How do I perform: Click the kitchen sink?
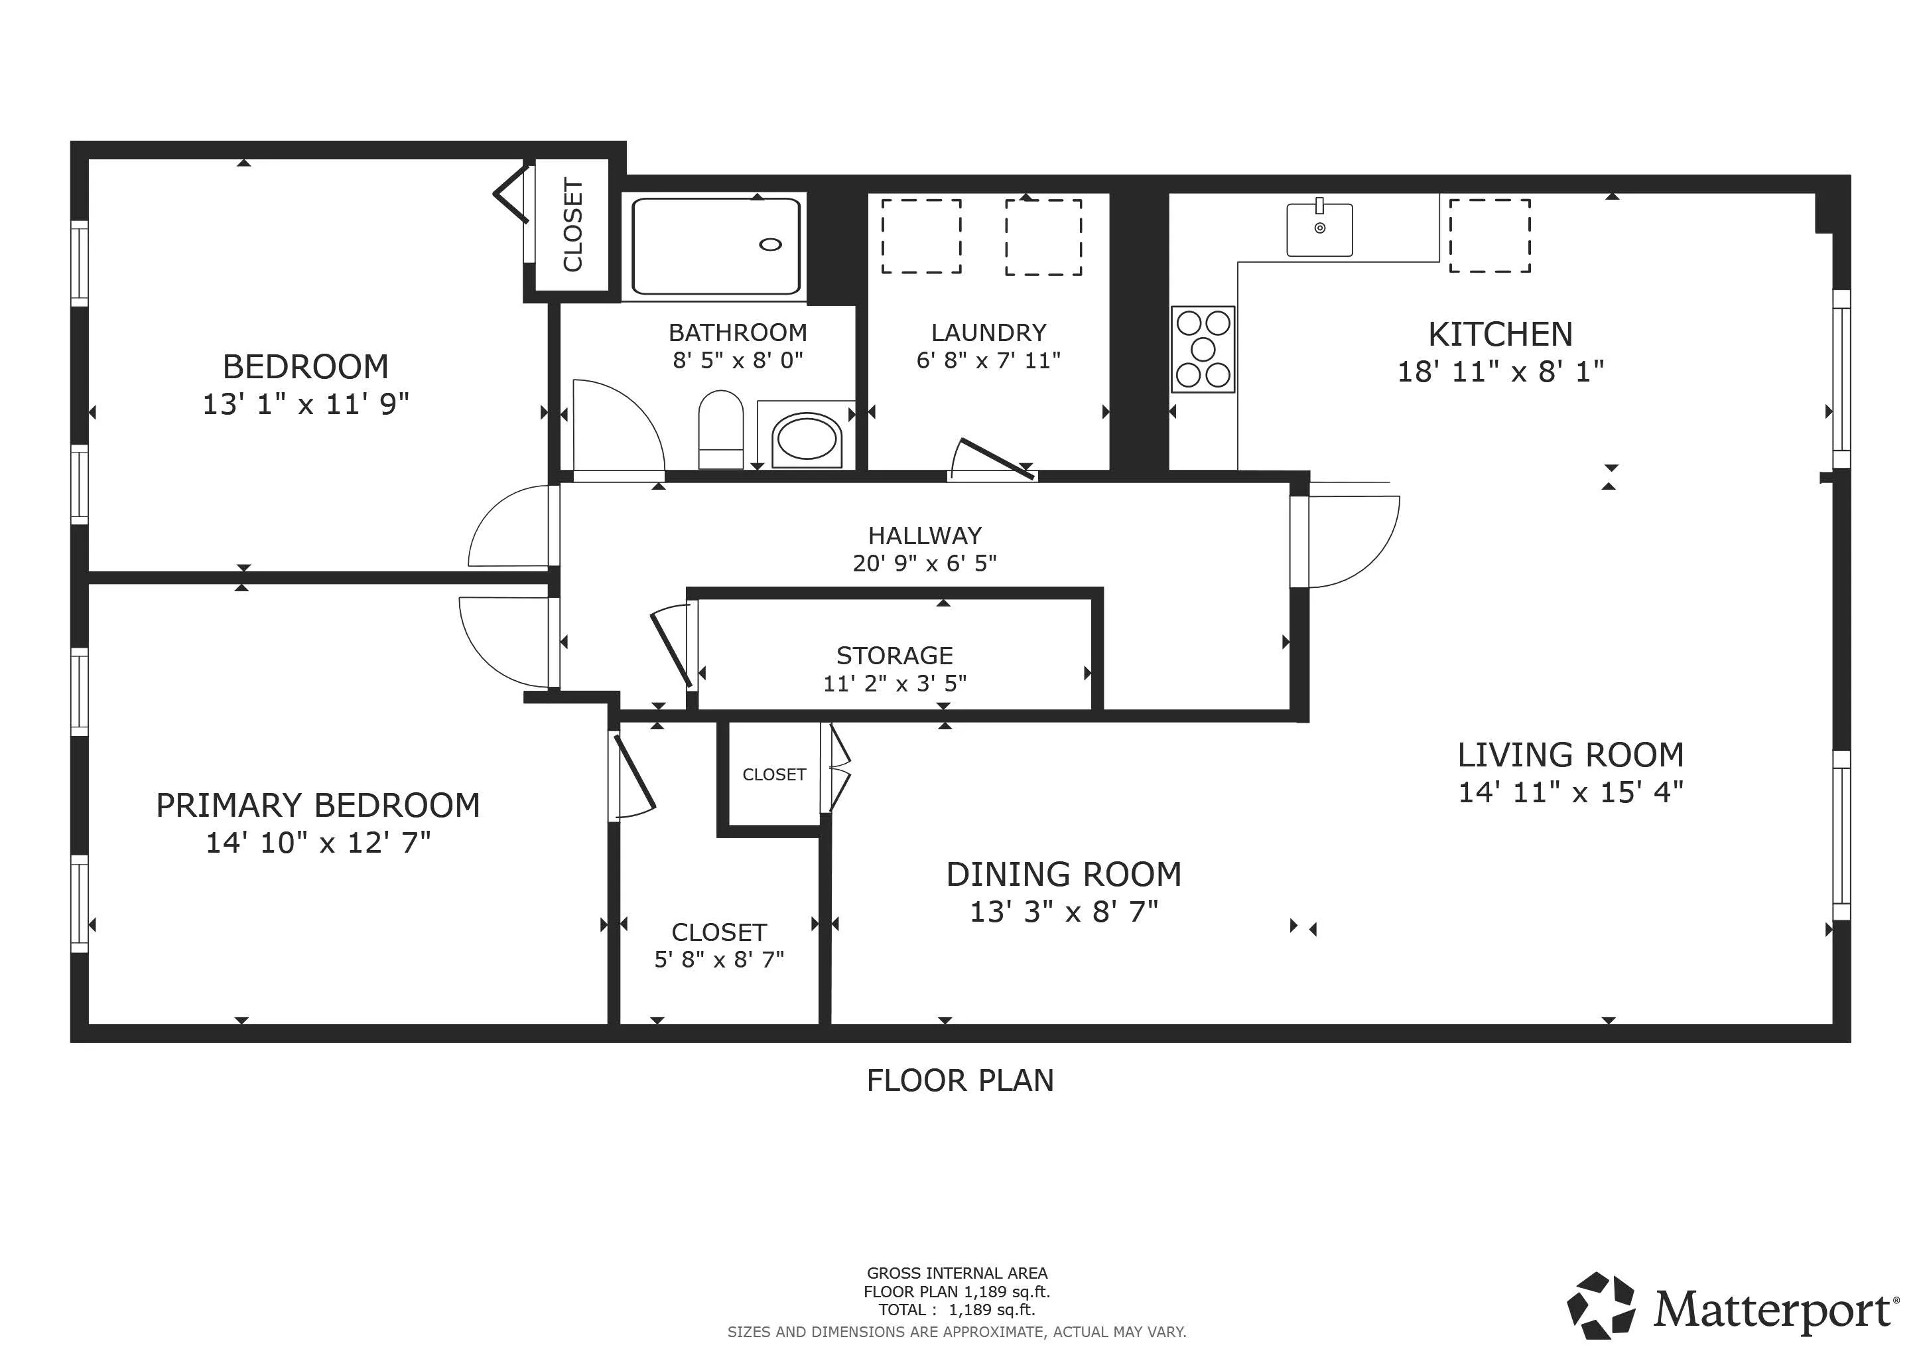point(1319,230)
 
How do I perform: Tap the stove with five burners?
point(1203,349)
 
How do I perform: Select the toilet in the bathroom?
point(720,429)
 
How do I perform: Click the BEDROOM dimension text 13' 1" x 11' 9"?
point(305,404)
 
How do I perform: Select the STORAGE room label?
point(894,655)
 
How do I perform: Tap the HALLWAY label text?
point(925,536)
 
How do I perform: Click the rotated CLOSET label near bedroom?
point(572,225)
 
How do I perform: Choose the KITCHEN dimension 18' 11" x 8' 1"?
point(1500,371)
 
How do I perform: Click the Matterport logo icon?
point(1600,1307)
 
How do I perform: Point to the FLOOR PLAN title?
point(960,1080)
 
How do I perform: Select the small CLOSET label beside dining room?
point(774,775)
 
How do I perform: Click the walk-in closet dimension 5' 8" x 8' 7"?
point(718,959)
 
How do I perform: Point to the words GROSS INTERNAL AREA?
point(957,1273)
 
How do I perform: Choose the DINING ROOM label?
point(1063,875)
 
